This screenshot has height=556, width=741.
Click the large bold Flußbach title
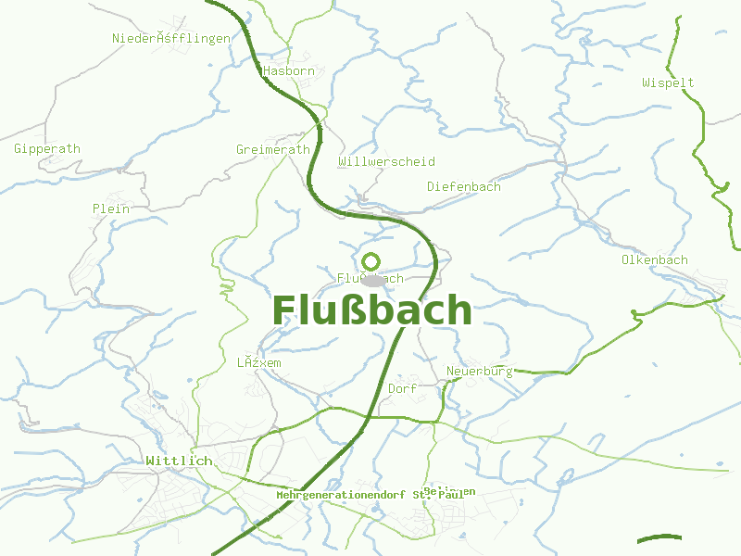(371, 310)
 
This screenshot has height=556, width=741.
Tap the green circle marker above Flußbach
(371, 260)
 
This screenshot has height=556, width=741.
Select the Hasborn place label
(288, 70)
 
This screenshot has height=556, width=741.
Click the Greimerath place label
(273, 149)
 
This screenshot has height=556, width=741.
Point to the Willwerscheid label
(386, 161)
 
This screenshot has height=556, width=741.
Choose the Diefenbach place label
(463, 186)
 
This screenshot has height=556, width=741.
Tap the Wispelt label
(668, 82)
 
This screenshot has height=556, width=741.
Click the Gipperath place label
(47, 148)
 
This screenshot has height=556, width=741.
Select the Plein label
(110, 208)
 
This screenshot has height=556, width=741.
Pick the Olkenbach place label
(654, 259)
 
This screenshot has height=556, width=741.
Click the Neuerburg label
(479, 371)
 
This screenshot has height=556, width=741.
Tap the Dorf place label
(403, 388)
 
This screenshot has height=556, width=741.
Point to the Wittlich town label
(179, 461)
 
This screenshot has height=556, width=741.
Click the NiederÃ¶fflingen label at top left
(170, 38)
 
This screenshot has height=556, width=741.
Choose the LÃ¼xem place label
(258, 362)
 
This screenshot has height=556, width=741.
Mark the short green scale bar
(659, 538)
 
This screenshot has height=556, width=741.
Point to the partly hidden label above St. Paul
(449, 490)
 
